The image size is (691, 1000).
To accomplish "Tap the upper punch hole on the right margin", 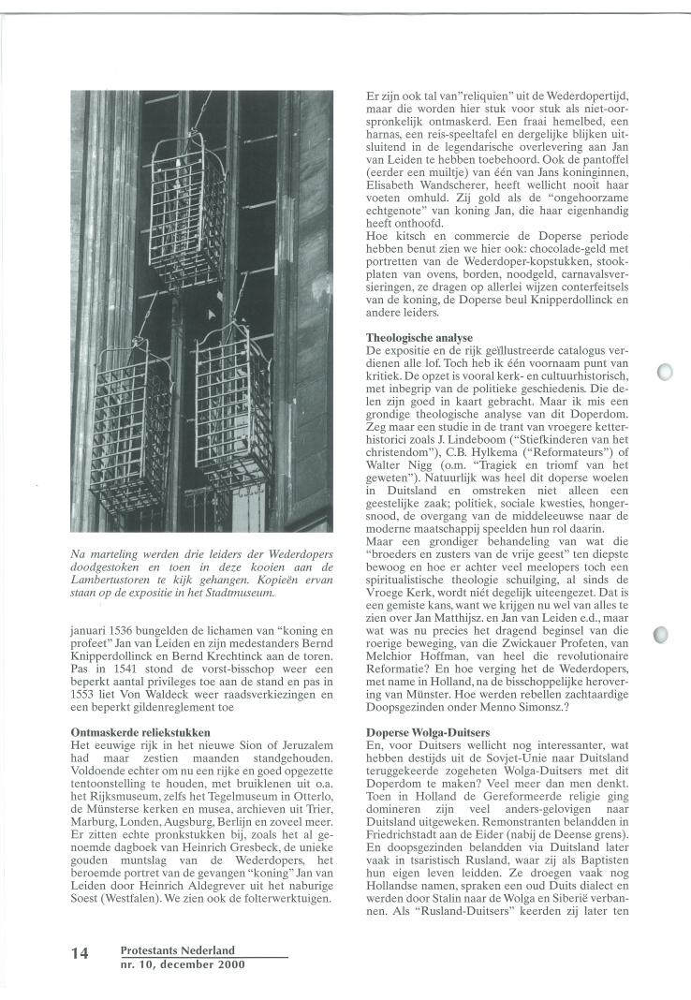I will point(667,373).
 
